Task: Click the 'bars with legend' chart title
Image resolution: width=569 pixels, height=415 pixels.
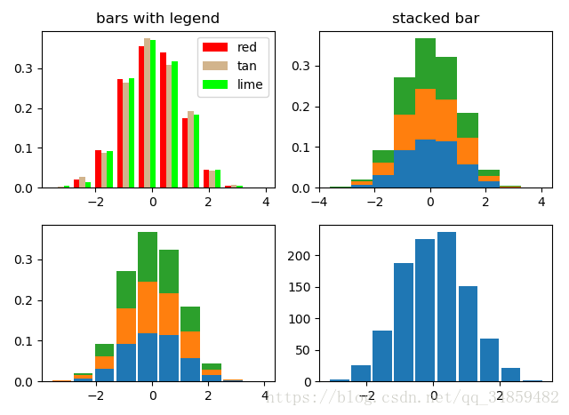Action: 157,19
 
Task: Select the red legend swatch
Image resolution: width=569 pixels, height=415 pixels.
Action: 214,46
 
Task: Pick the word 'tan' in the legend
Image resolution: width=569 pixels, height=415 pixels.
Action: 246,66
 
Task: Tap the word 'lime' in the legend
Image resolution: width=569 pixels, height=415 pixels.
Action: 249,84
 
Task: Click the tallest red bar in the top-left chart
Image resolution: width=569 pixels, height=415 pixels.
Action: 141,116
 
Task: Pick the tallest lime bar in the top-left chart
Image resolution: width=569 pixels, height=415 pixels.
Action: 153,114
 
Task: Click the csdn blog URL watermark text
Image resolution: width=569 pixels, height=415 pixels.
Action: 413,397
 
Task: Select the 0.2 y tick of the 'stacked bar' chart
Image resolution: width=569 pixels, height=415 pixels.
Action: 302,107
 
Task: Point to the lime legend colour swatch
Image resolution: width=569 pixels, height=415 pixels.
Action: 214,84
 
